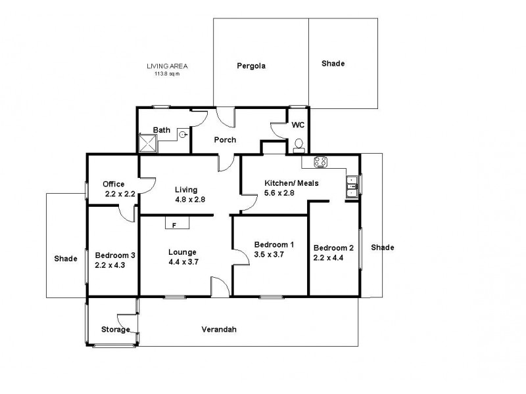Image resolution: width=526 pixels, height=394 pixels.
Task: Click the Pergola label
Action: [251, 66]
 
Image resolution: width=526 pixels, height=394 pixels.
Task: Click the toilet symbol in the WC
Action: [299, 146]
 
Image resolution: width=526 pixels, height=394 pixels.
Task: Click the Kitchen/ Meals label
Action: [291, 183]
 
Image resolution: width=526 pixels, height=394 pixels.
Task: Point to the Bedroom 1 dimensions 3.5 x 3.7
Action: [269, 255]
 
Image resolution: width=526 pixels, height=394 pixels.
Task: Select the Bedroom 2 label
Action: [333, 248]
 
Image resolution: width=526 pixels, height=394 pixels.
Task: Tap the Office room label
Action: [113, 184]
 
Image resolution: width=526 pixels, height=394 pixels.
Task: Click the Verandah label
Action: [219, 330]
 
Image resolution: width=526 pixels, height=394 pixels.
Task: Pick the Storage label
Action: [115, 330]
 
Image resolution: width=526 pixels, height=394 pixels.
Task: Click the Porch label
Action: [225, 140]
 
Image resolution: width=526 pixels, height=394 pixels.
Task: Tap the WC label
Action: [298, 125]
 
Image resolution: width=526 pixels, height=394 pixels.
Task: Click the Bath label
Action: [162, 130]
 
